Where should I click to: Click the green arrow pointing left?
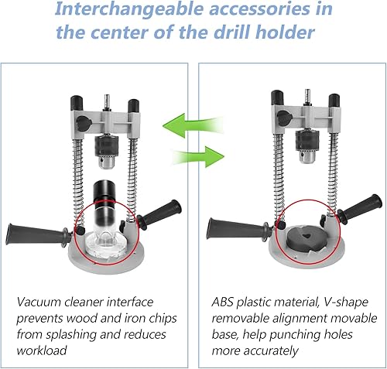click(192, 125)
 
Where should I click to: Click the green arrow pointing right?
click(198, 156)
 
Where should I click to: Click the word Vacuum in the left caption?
click(39, 302)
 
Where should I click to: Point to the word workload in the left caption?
click(42, 350)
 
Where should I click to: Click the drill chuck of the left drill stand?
click(106, 152)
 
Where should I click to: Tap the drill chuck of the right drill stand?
click(307, 146)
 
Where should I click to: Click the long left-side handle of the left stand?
click(39, 234)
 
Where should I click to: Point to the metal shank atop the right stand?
click(307, 97)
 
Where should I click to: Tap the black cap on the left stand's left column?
click(77, 103)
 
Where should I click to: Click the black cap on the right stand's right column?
click(334, 101)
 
